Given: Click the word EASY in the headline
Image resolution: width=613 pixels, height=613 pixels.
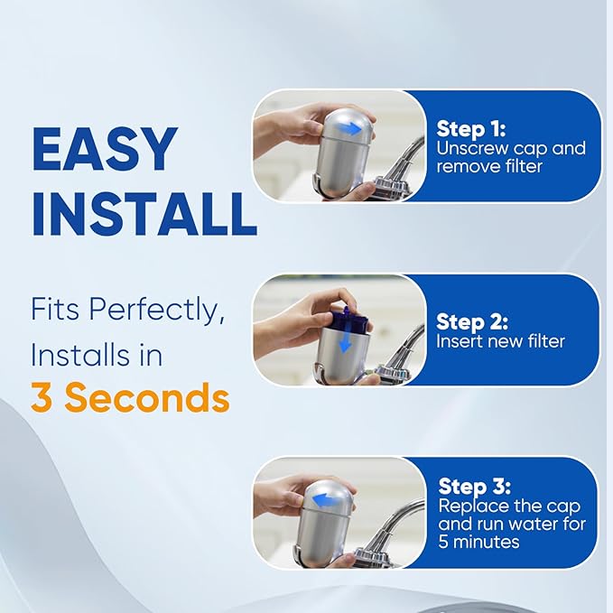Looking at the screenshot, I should click(x=104, y=151).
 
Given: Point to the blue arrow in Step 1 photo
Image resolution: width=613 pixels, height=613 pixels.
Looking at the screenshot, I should click(x=348, y=128).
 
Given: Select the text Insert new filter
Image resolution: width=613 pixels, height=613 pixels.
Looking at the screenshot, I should click(x=500, y=341).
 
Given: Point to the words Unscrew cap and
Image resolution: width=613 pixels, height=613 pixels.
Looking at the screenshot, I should click(x=511, y=148).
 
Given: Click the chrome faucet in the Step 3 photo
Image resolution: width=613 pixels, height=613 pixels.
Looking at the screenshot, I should click(x=397, y=519).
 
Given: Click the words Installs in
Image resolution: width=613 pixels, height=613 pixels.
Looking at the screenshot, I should click(x=97, y=355).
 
